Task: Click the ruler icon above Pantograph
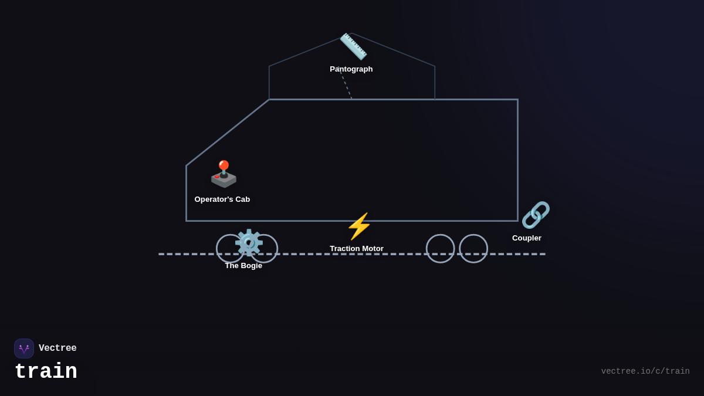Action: (x=353, y=46)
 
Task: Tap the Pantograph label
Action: (x=351, y=69)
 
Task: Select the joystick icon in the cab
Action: (x=224, y=174)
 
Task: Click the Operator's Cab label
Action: (x=222, y=199)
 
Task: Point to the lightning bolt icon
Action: (x=359, y=226)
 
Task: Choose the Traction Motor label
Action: (x=357, y=249)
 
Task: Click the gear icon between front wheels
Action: (x=249, y=242)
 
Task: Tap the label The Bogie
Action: (x=243, y=266)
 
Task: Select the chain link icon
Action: (x=536, y=215)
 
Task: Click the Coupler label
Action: (x=527, y=238)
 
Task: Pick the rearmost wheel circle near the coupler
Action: (x=473, y=249)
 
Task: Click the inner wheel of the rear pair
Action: (x=440, y=249)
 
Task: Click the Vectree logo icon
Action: (x=24, y=348)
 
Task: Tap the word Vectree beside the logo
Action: (x=57, y=348)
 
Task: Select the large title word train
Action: (x=46, y=372)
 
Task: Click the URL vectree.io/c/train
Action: (x=645, y=371)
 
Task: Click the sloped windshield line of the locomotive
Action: (x=228, y=133)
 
